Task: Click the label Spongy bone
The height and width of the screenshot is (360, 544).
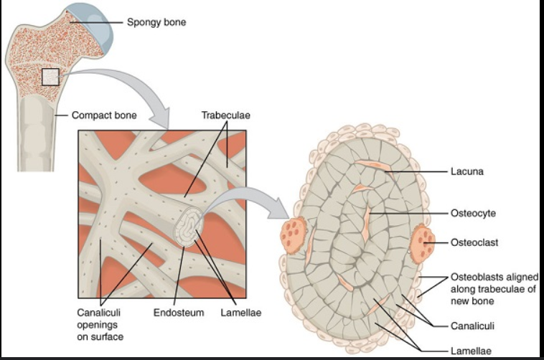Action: tap(156, 22)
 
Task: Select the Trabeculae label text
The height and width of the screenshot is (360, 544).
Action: tap(225, 115)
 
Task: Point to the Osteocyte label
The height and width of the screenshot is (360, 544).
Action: tap(474, 214)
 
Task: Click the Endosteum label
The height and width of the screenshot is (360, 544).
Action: tap(179, 313)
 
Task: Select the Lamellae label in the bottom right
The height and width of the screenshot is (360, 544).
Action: tap(471, 351)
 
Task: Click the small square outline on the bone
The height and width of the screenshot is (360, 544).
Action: tap(50, 76)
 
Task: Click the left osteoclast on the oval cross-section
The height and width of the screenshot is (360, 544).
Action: tap(291, 232)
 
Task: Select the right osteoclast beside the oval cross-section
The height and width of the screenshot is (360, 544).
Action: tap(423, 243)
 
